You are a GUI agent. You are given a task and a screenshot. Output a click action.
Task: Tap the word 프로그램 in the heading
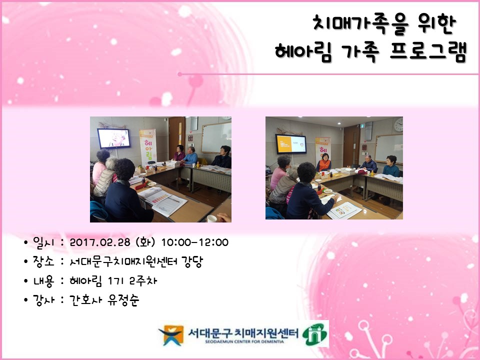click(428, 51)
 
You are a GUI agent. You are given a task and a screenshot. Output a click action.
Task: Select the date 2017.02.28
click(100, 242)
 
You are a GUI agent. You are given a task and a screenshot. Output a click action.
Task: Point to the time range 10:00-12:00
click(194, 242)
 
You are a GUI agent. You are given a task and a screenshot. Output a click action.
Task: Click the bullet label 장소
click(43, 261)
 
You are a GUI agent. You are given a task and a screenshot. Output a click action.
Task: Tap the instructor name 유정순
click(123, 299)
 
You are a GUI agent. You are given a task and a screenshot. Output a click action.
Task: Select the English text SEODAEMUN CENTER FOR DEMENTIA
click(244, 341)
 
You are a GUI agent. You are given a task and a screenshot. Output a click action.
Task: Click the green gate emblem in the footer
click(314, 334)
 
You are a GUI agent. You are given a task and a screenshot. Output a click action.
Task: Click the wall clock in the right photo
click(398, 124)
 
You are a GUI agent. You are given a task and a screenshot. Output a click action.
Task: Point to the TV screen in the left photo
click(114, 138)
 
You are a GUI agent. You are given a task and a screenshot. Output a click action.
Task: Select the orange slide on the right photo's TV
click(291, 143)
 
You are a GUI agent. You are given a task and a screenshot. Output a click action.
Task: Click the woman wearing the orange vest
click(324, 163)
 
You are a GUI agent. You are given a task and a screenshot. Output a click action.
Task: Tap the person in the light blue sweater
click(190, 156)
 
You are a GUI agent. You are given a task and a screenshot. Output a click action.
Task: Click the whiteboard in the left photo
click(216, 138)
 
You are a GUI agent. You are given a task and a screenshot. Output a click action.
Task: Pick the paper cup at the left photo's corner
click(212, 218)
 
